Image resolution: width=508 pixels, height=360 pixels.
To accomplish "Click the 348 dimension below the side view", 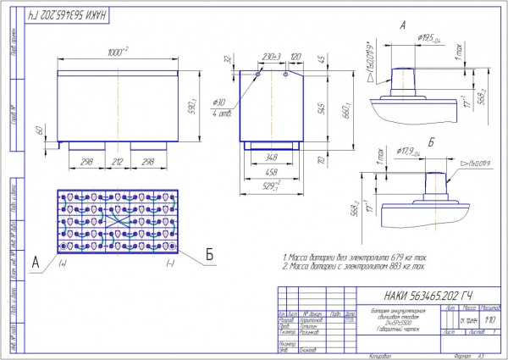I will pos(270,158).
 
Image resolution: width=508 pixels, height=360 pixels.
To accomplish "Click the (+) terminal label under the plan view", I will pos(62,263).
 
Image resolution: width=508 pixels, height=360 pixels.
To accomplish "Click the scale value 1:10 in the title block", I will pos(489,320).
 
